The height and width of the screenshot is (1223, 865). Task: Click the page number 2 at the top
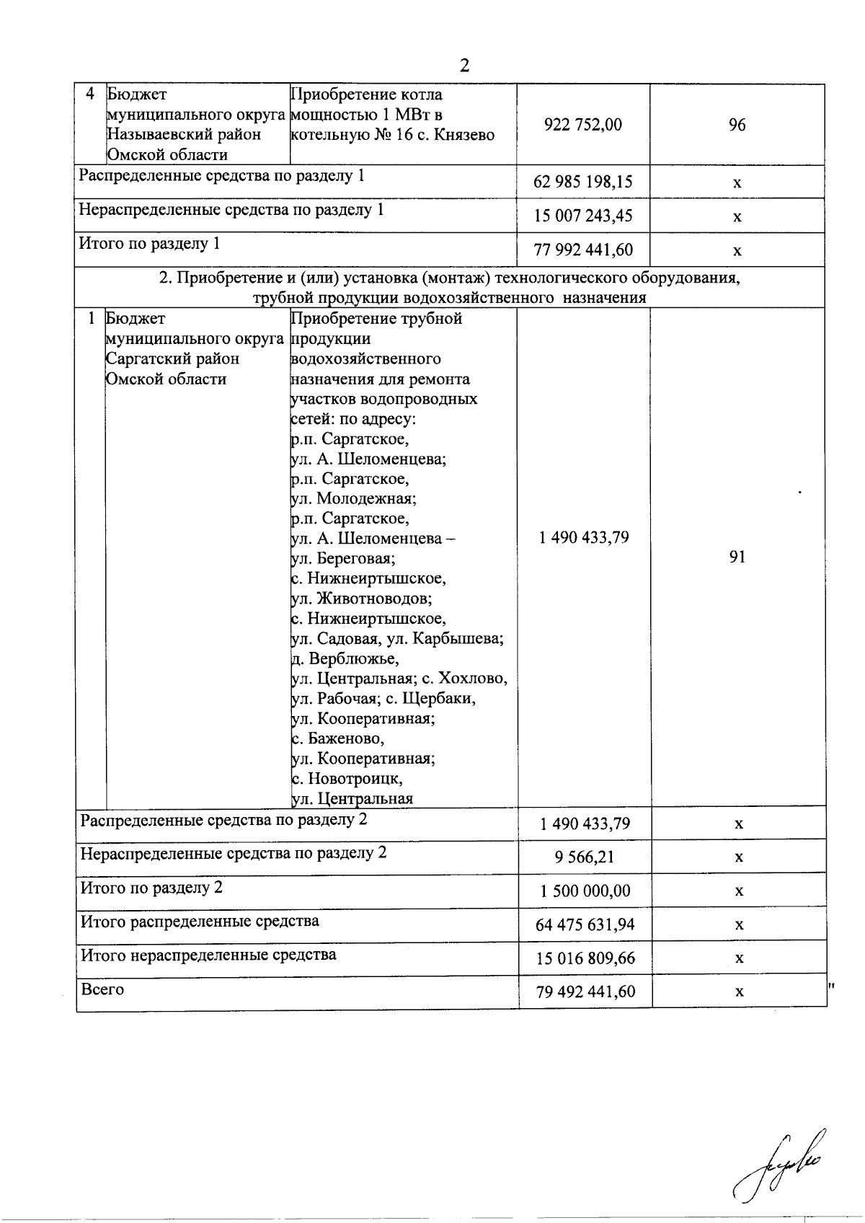click(464, 66)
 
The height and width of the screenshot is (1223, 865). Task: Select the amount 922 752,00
click(583, 125)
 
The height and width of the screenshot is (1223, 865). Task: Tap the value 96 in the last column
click(737, 125)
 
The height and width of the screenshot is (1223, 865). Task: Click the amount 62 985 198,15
click(583, 182)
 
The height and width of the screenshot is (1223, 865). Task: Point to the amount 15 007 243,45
click(583, 216)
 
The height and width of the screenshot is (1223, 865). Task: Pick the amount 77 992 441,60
click(583, 250)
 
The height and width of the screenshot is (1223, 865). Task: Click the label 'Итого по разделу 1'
click(149, 244)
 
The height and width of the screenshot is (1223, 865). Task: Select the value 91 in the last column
click(737, 557)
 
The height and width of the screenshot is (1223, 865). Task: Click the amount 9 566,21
click(585, 857)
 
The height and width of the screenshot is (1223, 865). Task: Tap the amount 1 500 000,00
click(585, 891)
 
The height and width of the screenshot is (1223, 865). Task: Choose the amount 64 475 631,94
click(585, 924)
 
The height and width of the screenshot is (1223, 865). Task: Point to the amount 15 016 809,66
click(585, 958)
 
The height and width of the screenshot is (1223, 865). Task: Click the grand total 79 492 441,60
click(585, 992)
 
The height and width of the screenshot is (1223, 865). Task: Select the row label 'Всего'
click(102, 989)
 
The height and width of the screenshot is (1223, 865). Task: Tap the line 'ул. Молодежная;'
click(353, 498)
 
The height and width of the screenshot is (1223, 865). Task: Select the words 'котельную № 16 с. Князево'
click(392, 135)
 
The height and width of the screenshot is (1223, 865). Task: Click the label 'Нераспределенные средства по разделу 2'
click(233, 852)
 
